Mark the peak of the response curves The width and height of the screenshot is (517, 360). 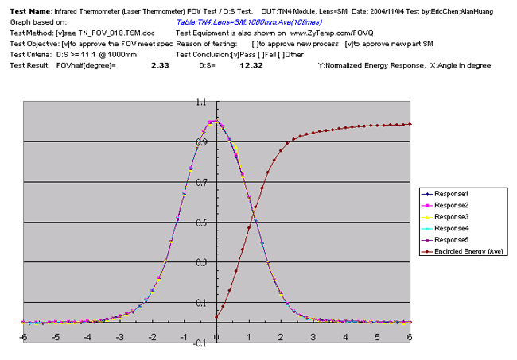click(216, 122)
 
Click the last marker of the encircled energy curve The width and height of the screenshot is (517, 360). click(410, 124)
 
